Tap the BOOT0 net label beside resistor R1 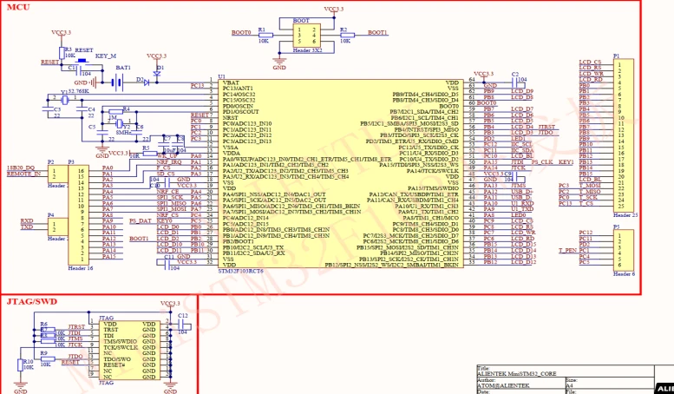point(242,32)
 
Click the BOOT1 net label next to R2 point(377,32)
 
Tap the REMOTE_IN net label point(23,174)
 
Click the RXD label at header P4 point(28,220)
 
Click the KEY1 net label point(565,162)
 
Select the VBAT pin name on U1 point(231,82)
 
